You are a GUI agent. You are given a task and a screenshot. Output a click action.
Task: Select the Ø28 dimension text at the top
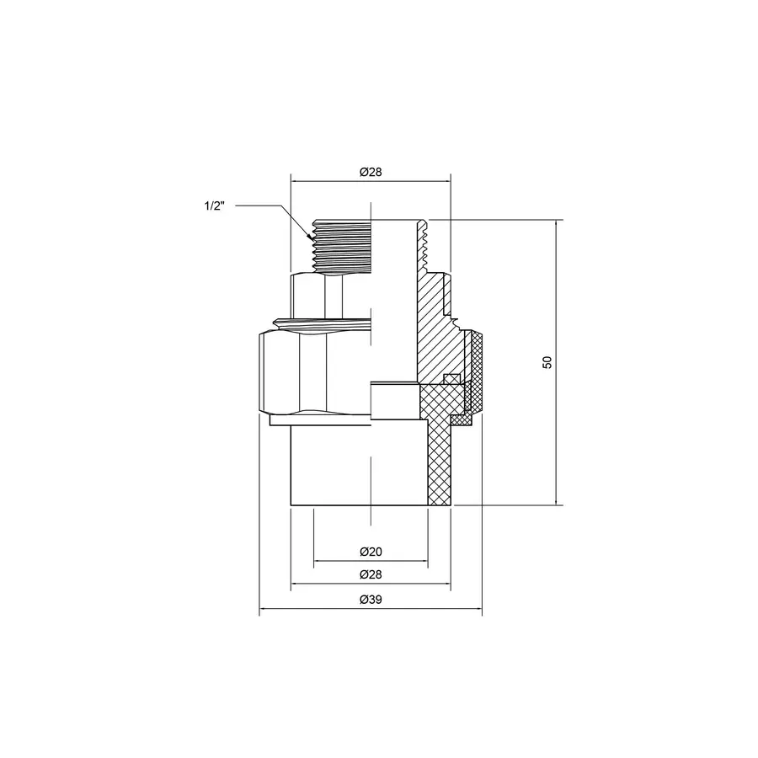click(x=371, y=172)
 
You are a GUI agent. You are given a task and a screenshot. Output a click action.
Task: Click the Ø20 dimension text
click(x=371, y=552)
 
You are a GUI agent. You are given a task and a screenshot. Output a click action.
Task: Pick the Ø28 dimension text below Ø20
click(x=371, y=574)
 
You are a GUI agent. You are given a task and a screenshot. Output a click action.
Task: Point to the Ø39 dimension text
click(x=371, y=600)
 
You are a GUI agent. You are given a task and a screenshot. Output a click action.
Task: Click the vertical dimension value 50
click(x=547, y=362)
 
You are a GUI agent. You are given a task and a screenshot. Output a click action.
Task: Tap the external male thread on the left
click(x=341, y=244)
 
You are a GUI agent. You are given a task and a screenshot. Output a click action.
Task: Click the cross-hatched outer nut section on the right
click(x=477, y=371)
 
